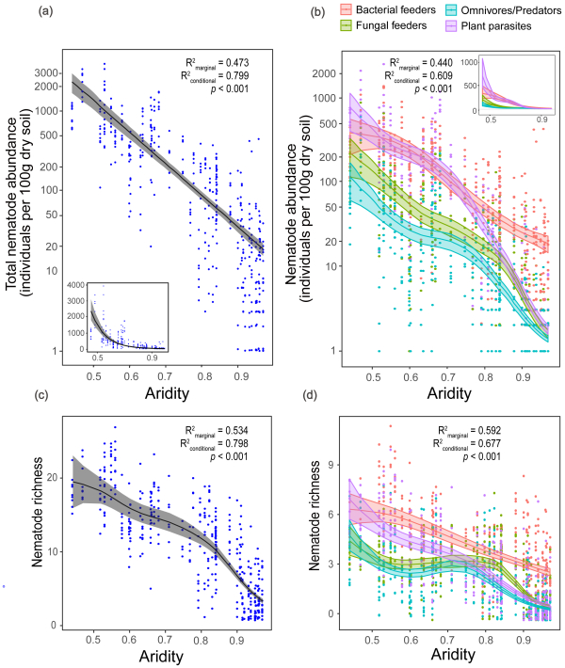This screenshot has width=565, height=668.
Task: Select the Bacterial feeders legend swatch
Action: [x=346, y=9]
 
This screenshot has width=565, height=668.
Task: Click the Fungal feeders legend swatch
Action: [x=346, y=25]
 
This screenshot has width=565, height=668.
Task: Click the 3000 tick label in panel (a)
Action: [x=49, y=72]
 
